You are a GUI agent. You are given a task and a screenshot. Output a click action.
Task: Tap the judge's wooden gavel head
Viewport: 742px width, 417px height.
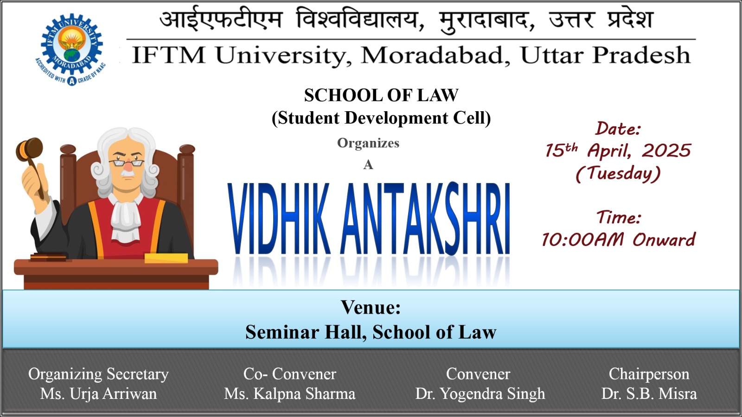tap(29, 149)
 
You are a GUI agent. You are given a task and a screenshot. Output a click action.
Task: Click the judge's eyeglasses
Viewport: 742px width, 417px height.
tap(127, 163)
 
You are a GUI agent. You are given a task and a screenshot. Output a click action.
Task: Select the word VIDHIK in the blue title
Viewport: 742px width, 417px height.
tap(279, 219)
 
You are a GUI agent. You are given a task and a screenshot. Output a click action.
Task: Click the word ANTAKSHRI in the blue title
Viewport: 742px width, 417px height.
tap(425, 219)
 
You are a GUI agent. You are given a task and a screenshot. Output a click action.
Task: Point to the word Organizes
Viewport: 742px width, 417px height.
tap(368, 143)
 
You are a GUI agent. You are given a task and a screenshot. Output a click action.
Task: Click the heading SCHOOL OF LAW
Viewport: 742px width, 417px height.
tap(381, 95)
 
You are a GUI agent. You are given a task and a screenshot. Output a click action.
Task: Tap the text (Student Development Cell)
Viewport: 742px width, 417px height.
tap(381, 118)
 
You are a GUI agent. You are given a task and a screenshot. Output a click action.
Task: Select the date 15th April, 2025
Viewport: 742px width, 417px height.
tap(618, 150)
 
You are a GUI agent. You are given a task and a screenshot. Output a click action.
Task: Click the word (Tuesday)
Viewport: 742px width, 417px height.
tap(618, 174)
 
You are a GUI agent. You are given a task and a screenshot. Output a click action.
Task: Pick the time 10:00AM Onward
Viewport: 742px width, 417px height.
tap(618, 239)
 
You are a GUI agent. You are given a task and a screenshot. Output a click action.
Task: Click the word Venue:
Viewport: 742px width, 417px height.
tap(371, 307)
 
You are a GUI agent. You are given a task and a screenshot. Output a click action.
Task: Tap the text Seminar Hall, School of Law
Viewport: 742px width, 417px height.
tap(371, 332)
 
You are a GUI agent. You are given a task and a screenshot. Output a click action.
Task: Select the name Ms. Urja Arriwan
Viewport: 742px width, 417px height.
tap(98, 394)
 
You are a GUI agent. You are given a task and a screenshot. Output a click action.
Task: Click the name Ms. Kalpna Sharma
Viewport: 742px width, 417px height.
tap(289, 394)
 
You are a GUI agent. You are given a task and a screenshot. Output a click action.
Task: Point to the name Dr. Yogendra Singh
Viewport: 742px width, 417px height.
tap(480, 394)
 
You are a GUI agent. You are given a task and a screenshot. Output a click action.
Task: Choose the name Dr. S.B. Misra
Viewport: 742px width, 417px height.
tap(649, 394)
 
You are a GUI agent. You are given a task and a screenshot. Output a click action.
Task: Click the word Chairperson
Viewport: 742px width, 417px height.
tap(649, 374)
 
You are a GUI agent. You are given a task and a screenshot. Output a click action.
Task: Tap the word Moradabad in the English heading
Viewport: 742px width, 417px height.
tap(435, 56)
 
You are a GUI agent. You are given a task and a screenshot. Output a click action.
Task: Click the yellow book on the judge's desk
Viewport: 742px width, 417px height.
tap(166, 258)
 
